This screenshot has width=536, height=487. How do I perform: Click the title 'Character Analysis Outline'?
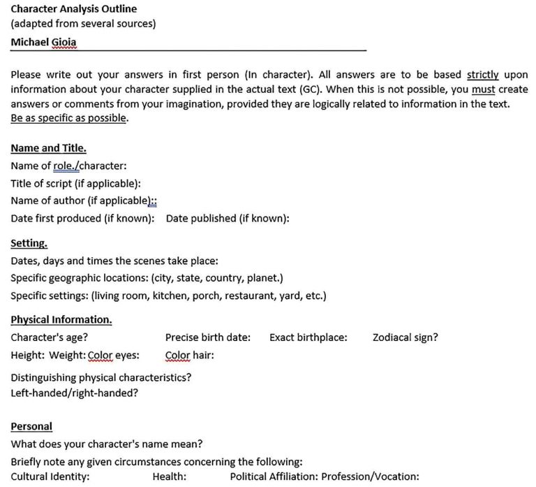click(73, 9)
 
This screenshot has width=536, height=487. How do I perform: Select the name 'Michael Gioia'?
click(44, 42)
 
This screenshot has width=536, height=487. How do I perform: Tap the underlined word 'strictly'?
click(482, 75)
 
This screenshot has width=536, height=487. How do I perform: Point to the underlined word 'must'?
click(483, 89)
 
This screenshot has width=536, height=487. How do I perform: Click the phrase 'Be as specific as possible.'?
click(69, 118)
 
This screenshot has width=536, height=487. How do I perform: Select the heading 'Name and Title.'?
click(48, 148)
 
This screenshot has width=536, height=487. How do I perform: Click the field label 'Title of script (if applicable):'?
click(76, 183)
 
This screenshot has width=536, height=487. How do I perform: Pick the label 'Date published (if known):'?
click(228, 218)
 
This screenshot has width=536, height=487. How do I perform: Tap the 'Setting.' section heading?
click(29, 244)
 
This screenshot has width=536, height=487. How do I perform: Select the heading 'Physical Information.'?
click(61, 320)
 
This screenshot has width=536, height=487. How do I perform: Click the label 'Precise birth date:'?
click(208, 337)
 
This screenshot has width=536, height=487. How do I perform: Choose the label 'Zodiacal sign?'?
click(405, 337)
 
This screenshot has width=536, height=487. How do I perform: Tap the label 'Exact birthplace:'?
click(308, 337)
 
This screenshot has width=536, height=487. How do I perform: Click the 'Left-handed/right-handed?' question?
click(74, 393)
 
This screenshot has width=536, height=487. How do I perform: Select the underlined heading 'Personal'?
click(31, 426)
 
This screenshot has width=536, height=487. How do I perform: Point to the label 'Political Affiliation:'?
click(274, 477)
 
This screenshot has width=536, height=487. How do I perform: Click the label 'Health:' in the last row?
click(170, 477)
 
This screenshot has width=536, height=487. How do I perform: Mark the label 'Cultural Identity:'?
click(50, 477)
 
